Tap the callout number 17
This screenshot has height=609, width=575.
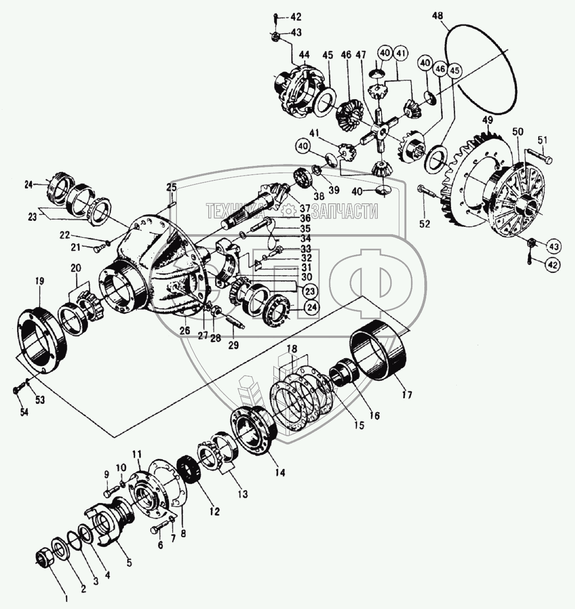pos(407,394)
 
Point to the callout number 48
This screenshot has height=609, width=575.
pos(438,16)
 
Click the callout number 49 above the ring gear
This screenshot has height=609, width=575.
pos(487,121)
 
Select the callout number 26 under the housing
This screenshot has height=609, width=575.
pos(184,331)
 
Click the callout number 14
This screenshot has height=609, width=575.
pos(280,472)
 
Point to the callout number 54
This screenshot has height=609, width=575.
pos(24,412)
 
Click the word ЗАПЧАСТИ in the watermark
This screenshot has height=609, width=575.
pos(345,212)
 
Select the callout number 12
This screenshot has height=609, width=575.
pos(214,511)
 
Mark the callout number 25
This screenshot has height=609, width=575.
pos(171,187)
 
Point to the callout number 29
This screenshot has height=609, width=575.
pos(234,344)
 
